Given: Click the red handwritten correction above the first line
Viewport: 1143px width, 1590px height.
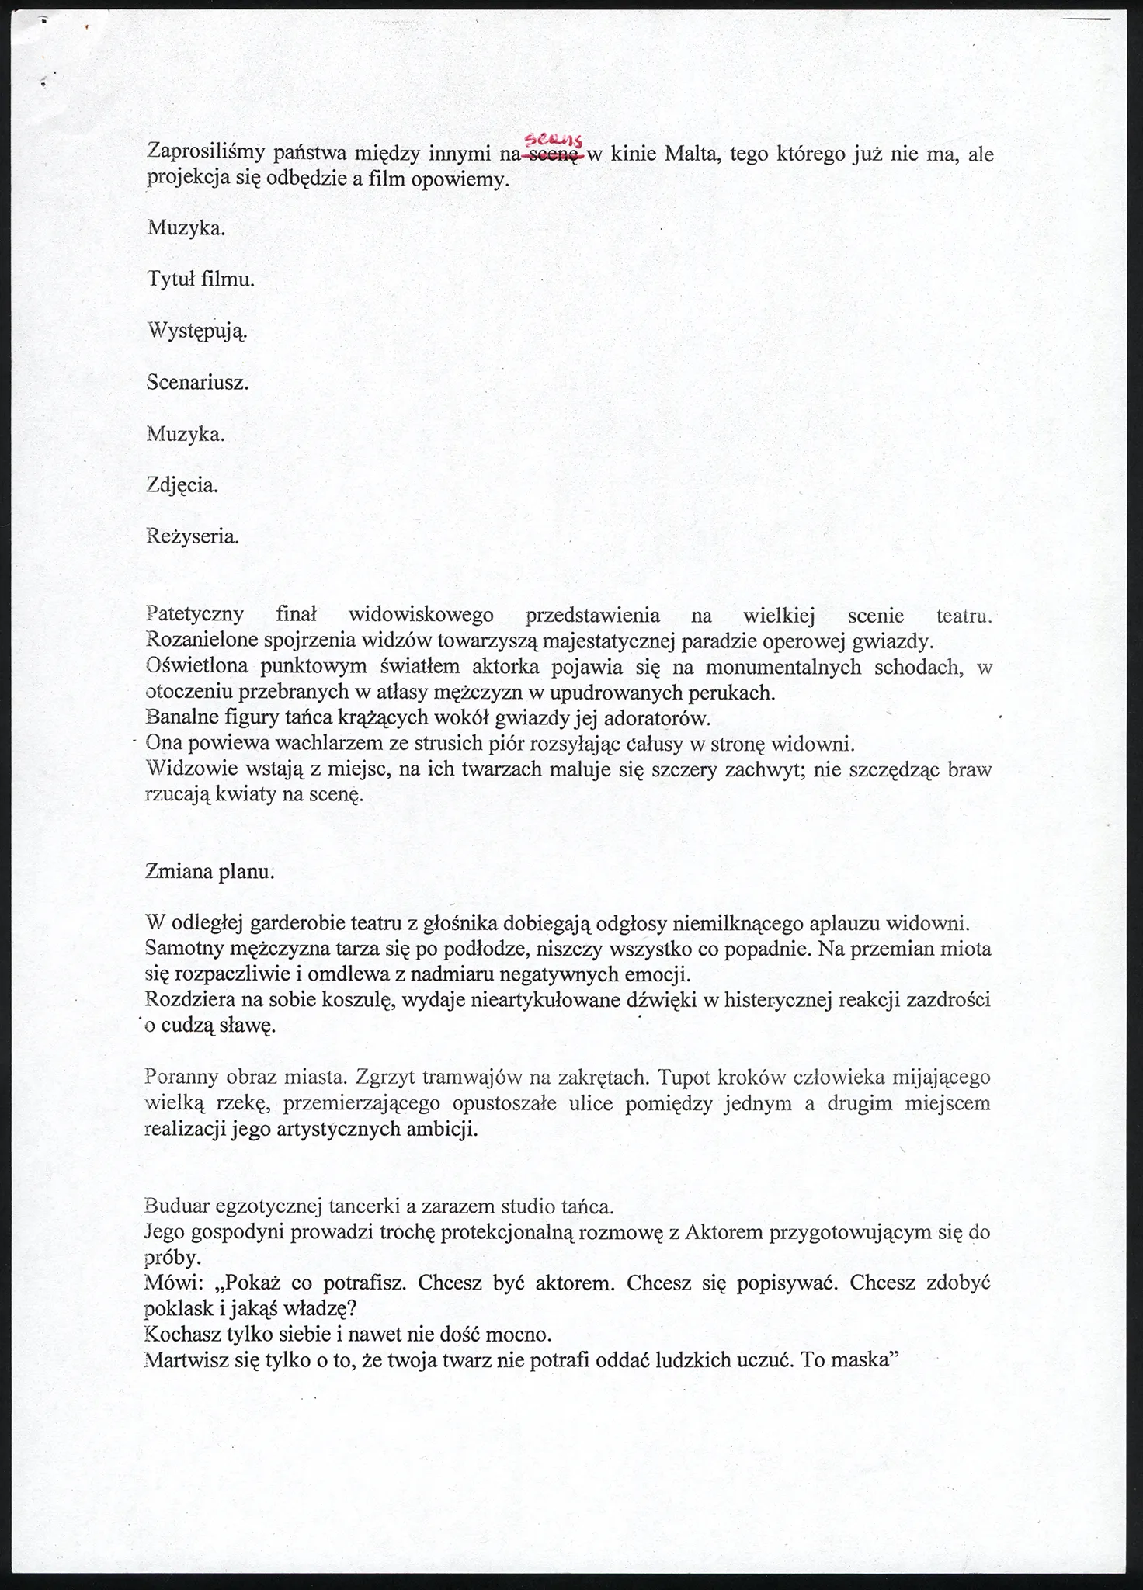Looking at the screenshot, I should pos(554,140).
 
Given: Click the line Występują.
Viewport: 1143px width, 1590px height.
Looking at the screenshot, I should pos(197,332).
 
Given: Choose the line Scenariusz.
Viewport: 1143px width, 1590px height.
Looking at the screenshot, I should pos(197,383).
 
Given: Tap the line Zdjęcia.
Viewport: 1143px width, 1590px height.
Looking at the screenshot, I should pos(182,485).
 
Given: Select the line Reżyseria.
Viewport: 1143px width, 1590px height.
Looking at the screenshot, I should pos(193,536).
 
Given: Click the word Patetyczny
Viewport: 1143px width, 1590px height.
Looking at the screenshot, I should pos(194,615).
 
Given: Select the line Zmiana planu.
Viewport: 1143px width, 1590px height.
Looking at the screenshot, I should pos(210,871).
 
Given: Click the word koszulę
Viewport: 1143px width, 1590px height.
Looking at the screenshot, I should pos(364,1000).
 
